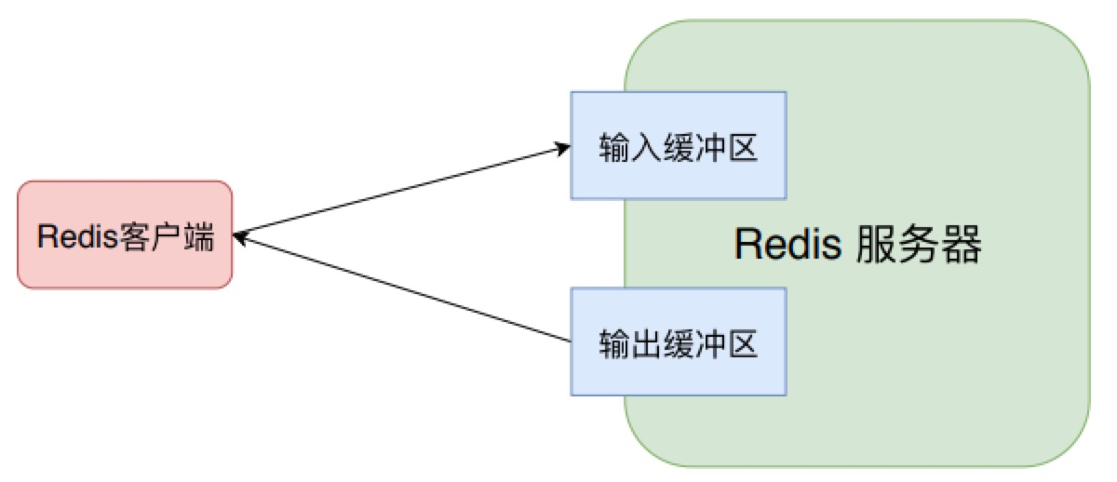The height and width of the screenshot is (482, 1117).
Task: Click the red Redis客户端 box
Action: pos(125,234)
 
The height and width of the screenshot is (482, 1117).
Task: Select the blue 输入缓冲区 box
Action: pos(678,145)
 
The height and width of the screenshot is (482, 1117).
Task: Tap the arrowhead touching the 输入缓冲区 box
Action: pos(562,147)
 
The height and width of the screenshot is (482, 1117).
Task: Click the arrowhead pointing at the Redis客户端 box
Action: pos(240,238)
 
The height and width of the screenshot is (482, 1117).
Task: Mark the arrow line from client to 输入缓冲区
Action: pos(400,191)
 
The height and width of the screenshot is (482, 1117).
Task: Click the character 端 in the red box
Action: pos(197,236)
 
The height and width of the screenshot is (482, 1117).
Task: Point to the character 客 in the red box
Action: pos(135,236)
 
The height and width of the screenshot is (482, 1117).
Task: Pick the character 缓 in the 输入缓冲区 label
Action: pos(678,147)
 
